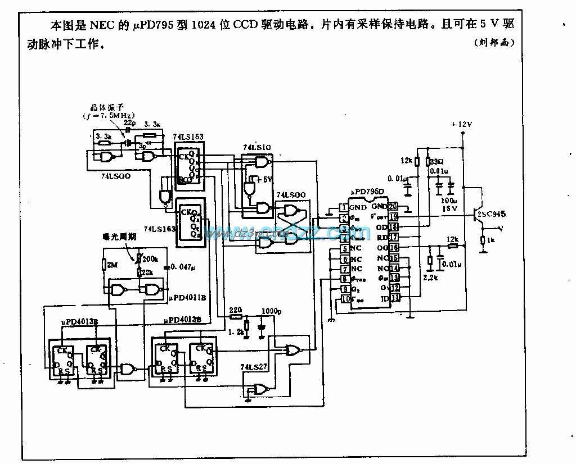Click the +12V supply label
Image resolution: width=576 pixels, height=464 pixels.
click(462, 124)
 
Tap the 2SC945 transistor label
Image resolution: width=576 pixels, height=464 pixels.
click(490, 213)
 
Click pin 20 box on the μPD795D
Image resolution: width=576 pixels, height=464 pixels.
click(393, 207)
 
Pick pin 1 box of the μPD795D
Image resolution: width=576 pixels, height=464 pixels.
click(343, 208)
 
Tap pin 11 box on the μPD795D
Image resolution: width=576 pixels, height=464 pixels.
click(395, 298)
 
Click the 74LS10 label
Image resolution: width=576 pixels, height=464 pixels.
click(256, 147)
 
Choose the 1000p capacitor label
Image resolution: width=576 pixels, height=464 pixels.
click(272, 310)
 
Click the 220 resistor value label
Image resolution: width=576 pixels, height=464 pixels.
click(235, 310)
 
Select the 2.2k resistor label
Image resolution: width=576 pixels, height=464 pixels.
click(429, 278)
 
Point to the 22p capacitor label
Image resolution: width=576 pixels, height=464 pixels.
click(129, 122)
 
